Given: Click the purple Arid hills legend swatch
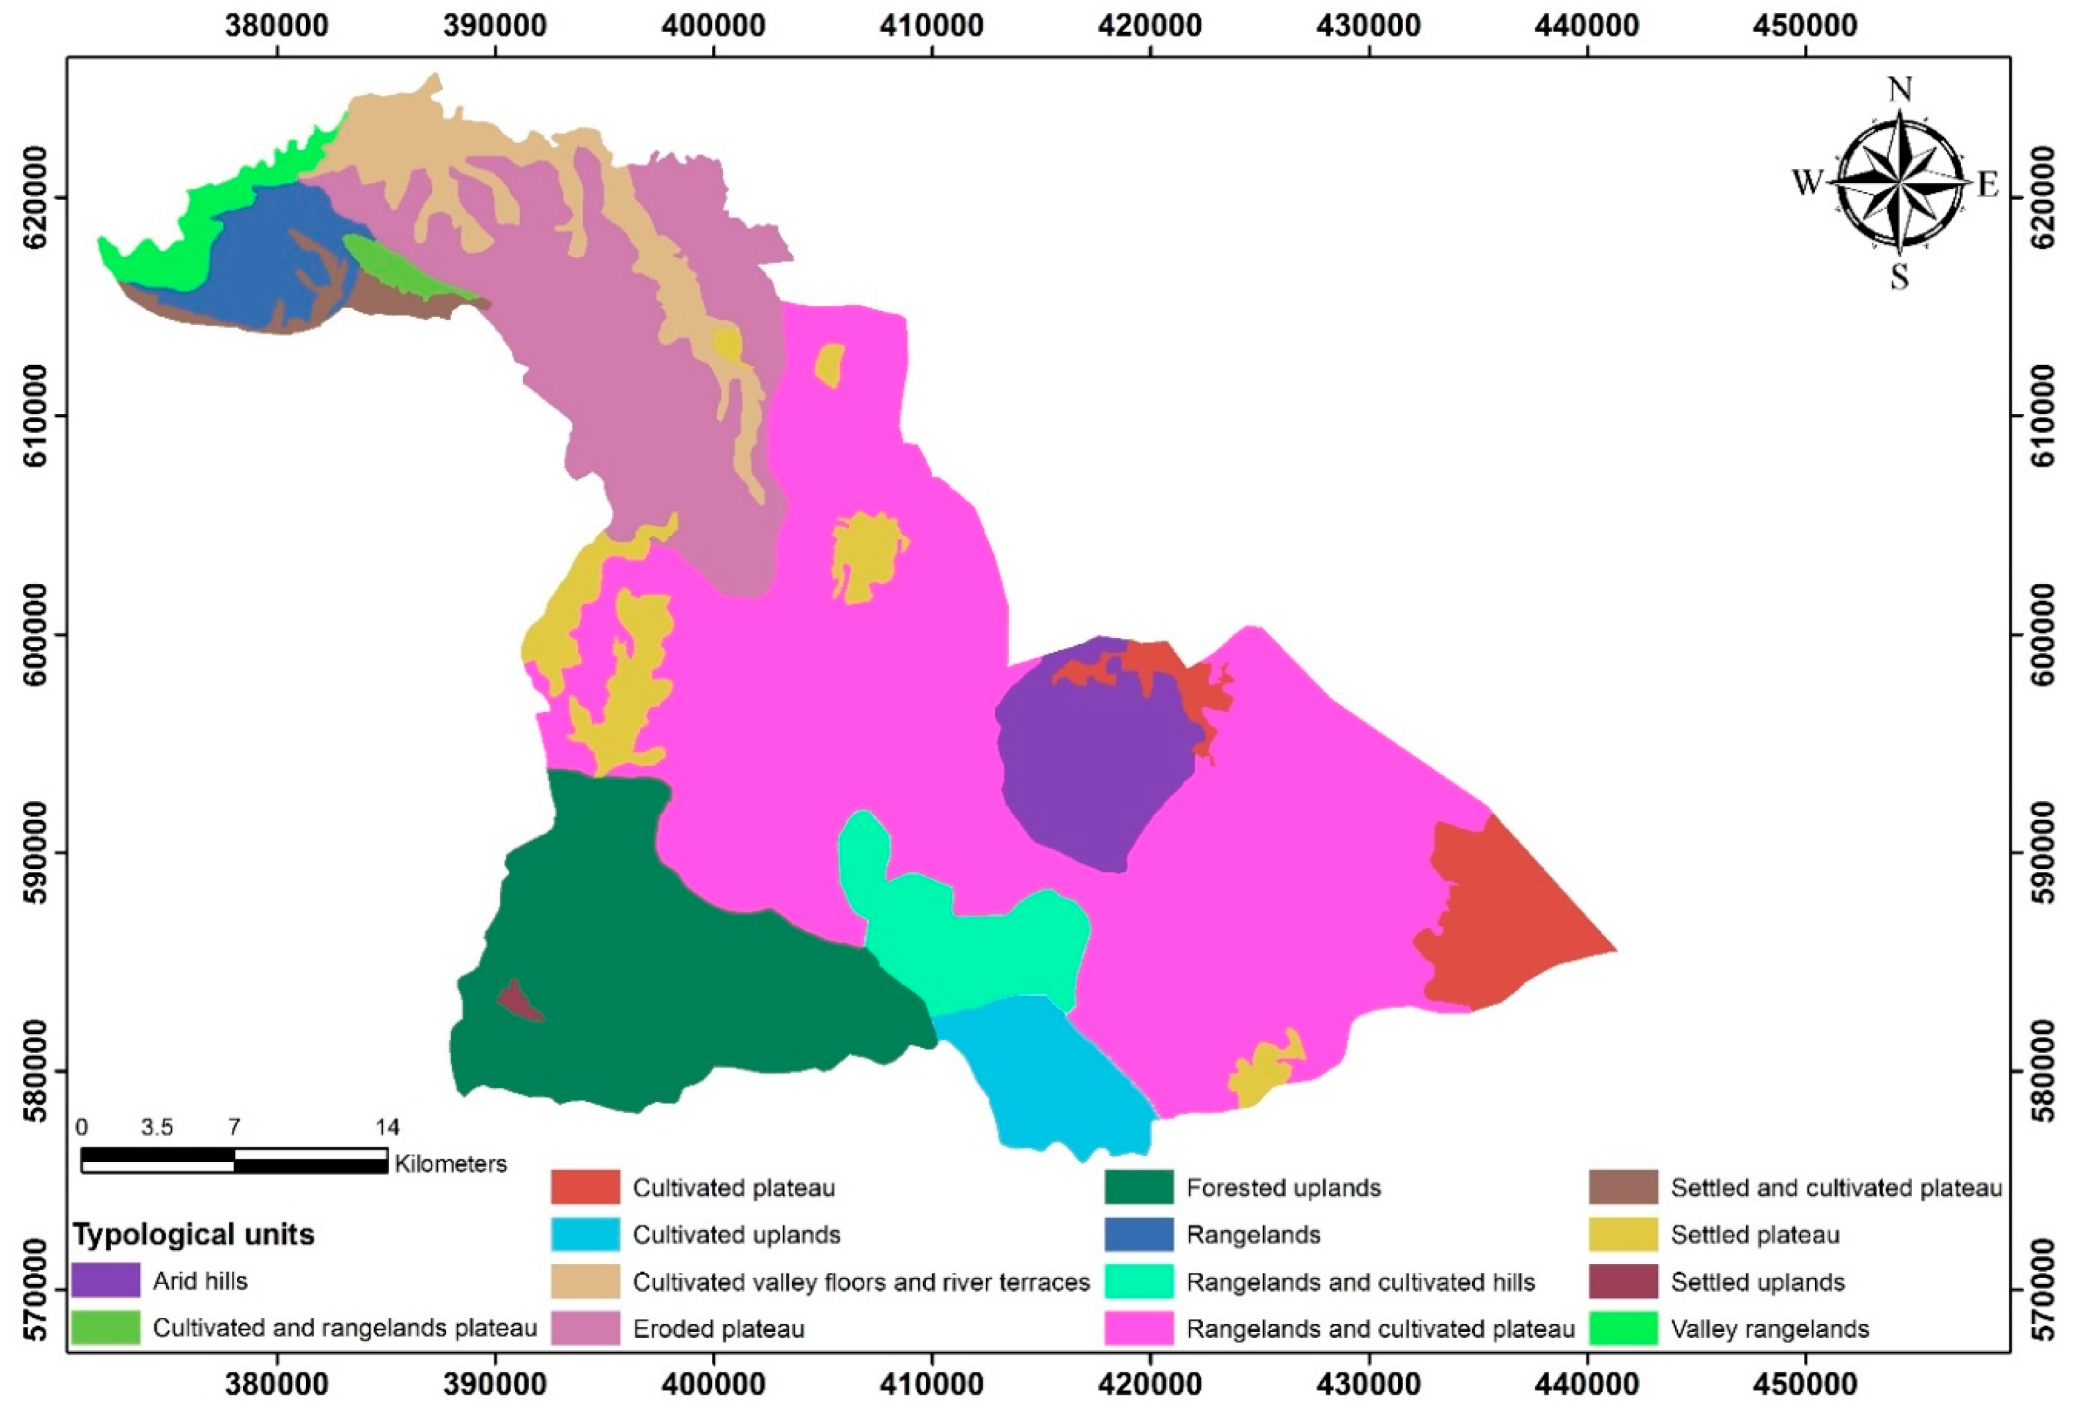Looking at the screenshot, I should [105, 1281].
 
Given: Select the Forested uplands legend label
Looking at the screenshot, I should [1283, 1188].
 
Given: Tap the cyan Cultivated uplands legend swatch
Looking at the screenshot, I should [584, 1234].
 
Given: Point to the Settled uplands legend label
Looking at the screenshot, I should [1758, 1282].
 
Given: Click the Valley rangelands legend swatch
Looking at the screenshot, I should [1623, 1328].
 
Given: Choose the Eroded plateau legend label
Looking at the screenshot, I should [718, 1328].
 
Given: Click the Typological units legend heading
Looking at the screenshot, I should [193, 1234].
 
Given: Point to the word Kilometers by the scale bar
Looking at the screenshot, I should [451, 1164].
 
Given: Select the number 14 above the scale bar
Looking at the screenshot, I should [386, 1127].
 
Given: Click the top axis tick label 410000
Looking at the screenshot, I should [931, 25].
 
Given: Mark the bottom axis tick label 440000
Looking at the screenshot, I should [1586, 1384].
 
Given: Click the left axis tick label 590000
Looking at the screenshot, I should [36, 852].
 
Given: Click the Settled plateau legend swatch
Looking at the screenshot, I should [1623, 1234].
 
